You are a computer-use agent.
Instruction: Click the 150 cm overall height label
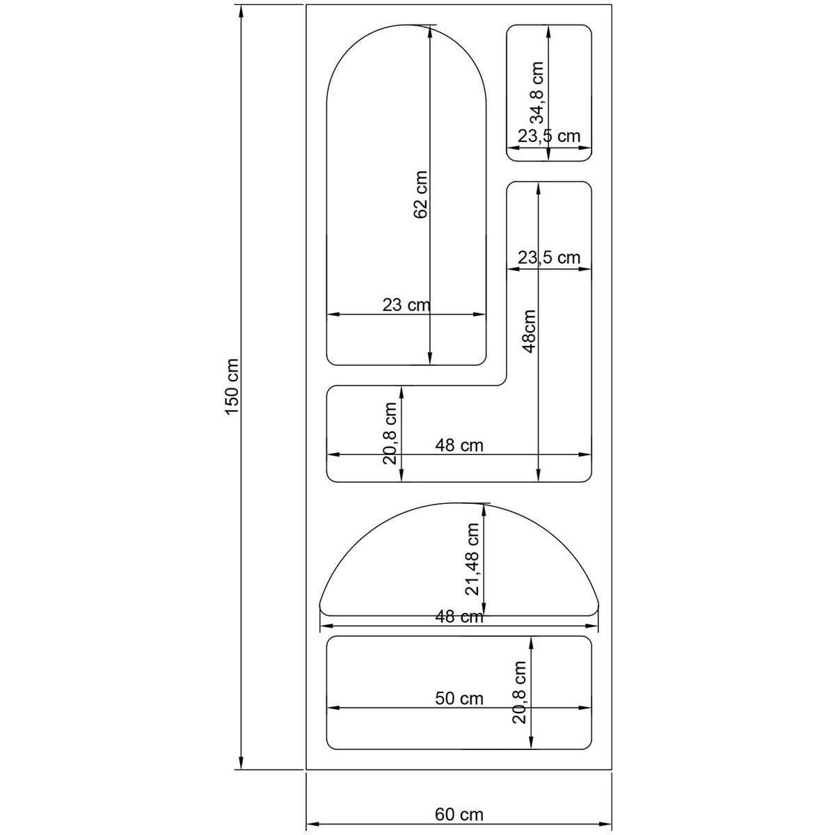pyautogui.click(x=232, y=386)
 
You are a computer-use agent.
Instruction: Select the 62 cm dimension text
pyautogui.click(x=420, y=195)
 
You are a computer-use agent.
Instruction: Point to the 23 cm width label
pyautogui.click(x=406, y=305)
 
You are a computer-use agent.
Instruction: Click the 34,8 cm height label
pyautogui.click(x=536, y=93)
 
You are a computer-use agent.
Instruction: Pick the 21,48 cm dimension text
pyautogui.click(x=472, y=559)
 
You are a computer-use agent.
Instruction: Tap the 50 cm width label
pyautogui.click(x=459, y=699)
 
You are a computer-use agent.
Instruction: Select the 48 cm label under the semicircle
pyautogui.click(x=459, y=617)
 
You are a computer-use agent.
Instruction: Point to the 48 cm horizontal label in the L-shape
pyautogui.click(x=459, y=445)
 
